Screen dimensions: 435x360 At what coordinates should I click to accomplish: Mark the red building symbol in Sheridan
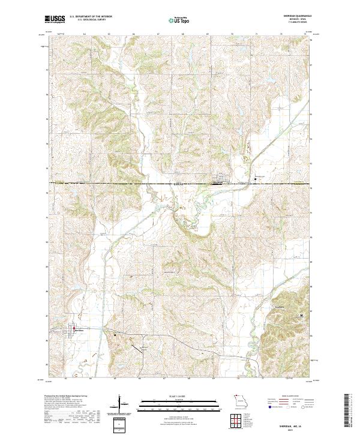point(74,328)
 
